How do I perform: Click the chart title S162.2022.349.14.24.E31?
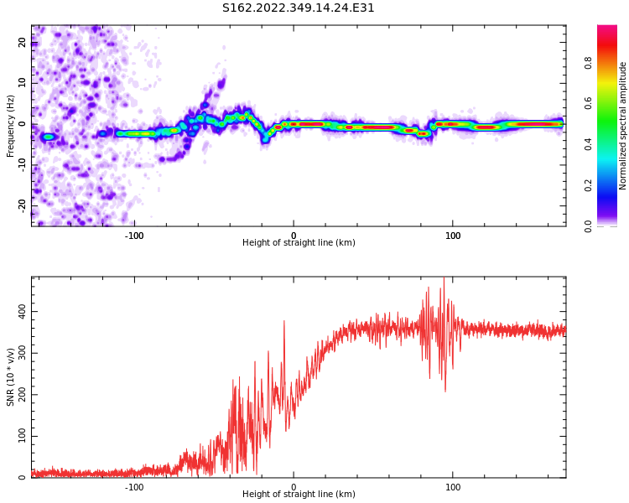point(299,8)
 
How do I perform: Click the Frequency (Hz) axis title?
point(11,126)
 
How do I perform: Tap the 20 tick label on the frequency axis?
point(23,43)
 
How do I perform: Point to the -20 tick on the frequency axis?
point(23,205)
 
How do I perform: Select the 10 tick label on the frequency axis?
point(23,83)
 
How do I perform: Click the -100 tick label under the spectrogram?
point(134,235)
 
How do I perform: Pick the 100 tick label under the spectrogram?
point(453,235)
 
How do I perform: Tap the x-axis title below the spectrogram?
point(299,243)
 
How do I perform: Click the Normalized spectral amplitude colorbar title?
point(623,126)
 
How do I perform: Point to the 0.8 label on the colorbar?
point(588,63)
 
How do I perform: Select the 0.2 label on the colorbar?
point(588,185)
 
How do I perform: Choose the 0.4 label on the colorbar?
point(588,144)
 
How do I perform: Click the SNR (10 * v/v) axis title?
point(11,377)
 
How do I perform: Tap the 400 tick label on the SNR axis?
point(19,311)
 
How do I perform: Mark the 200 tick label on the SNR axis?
point(19,394)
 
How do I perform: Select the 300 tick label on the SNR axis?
point(19,353)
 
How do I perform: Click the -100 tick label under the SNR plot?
point(134,487)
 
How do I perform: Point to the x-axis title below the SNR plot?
point(299,495)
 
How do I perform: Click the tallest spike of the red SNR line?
point(444,280)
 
